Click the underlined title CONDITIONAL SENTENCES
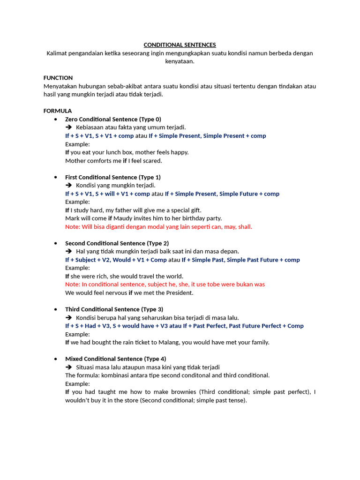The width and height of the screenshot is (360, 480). (180, 45)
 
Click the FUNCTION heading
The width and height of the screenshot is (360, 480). (58, 78)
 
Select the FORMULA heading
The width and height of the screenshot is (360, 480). (58, 111)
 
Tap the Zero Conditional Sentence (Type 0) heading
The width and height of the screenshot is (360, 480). (113, 119)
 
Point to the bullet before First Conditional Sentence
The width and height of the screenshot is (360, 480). (55, 177)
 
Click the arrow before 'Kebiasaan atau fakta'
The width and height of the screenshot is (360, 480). (68, 127)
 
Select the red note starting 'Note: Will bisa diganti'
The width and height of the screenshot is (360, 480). (158, 227)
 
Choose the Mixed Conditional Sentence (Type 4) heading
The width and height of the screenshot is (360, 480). (115, 359)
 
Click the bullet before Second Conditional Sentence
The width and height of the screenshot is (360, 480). (55, 243)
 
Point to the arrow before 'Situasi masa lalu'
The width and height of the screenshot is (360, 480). (68, 367)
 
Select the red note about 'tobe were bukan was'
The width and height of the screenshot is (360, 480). (165, 285)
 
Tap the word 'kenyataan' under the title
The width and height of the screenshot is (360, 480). (180, 61)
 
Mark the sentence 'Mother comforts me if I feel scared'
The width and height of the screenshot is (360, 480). (113, 161)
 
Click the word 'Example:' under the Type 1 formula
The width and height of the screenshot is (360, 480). (77, 202)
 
